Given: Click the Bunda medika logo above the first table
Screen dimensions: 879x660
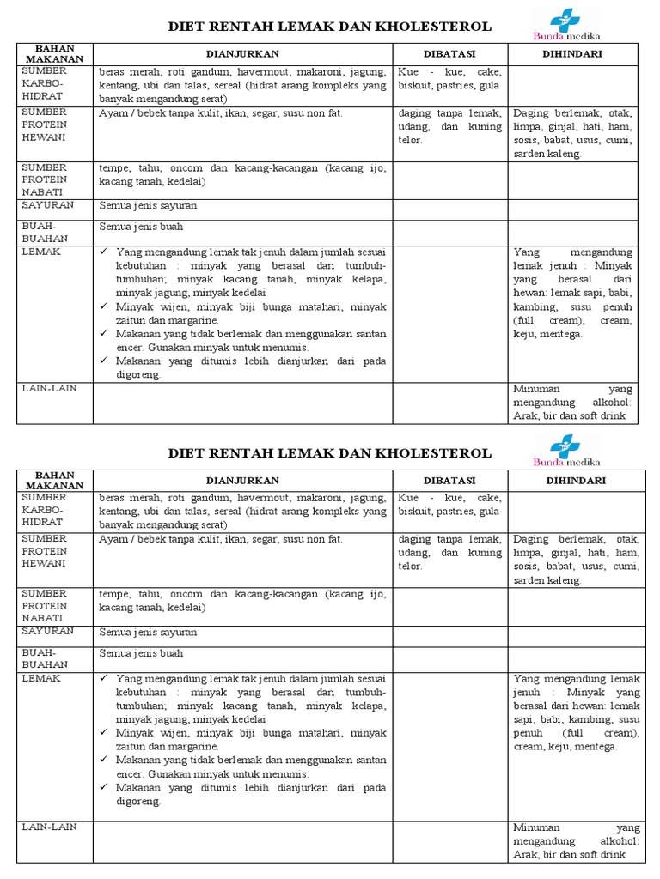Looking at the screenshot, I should (x=567, y=25).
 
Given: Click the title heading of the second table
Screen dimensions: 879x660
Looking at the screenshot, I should (x=329, y=453).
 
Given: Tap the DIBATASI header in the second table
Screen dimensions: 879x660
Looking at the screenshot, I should (x=449, y=481).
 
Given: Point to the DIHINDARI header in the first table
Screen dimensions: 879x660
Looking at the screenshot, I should (x=573, y=54).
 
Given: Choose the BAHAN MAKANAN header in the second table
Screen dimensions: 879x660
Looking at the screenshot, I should (x=53, y=481).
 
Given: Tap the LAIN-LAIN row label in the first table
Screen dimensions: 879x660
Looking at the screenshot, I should (x=50, y=389).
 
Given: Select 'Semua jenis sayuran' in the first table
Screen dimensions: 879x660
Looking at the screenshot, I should (x=148, y=206).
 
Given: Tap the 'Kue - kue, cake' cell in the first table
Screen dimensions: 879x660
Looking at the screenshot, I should (x=449, y=79).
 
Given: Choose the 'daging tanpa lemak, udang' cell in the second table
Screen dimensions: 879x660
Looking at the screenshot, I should (x=449, y=553).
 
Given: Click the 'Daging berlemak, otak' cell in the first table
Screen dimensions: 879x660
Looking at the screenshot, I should (x=572, y=133).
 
